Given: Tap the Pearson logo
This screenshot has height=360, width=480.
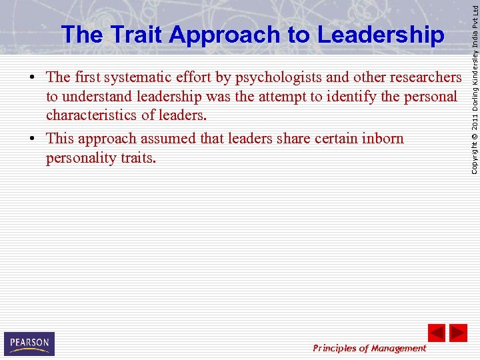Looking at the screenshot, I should pyautogui.click(x=29, y=343).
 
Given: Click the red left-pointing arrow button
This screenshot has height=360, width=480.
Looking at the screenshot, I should pyautogui.click(x=437, y=333).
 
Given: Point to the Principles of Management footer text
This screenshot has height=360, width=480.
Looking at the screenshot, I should pyautogui.click(x=369, y=348).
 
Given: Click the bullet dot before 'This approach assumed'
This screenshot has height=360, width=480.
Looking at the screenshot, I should pyautogui.click(x=33, y=139).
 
